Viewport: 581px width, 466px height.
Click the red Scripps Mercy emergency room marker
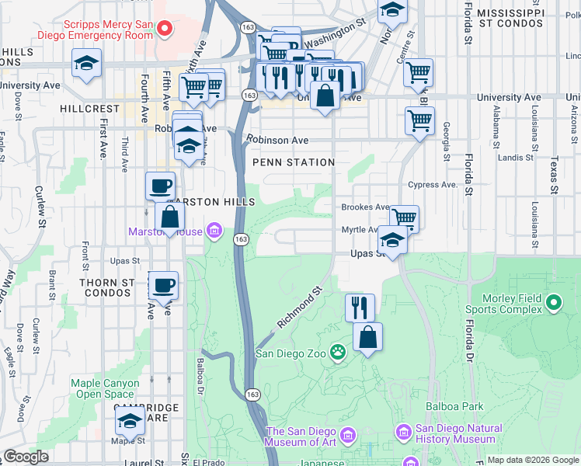point(164,29)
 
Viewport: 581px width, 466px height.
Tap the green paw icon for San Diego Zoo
point(338,353)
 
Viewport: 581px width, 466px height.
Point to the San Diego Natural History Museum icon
point(403,431)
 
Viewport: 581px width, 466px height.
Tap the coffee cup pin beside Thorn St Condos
point(163,285)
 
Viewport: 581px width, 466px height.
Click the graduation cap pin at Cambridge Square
point(130,422)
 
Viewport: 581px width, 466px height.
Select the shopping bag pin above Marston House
point(169,219)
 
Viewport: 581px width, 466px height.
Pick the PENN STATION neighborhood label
point(294,162)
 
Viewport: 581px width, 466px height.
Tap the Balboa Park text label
point(454,406)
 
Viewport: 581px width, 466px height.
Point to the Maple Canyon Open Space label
point(105,388)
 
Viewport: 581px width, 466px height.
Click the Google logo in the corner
point(25,457)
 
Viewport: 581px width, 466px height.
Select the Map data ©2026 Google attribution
point(532,460)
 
